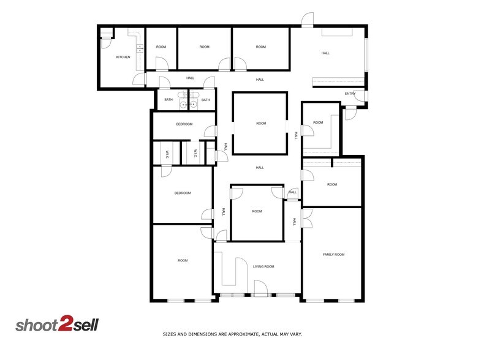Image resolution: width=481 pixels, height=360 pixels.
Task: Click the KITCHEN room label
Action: pyautogui.click(x=123, y=58)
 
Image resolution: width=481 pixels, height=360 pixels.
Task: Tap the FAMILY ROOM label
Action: pyautogui.click(x=334, y=254)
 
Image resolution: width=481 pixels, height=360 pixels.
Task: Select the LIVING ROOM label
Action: pyautogui.click(x=263, y=266)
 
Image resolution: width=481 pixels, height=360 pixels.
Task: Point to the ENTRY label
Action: pyautogui.click(x=350, y=94)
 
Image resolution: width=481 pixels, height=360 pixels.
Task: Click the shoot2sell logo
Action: pyautogui.click(x=57, y=325)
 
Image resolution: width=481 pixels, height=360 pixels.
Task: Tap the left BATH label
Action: pyautogui.click(x=168, y=100)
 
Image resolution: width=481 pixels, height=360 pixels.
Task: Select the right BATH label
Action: pyautogui.click(x=206, y=100)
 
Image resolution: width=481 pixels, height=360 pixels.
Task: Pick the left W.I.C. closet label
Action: pyautogui.click(x=167, y=156)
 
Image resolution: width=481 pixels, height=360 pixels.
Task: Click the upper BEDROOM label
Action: pyautogui.click(x=184, y=124)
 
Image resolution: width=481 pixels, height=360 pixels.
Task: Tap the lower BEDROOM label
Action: pyautogui.click(x=182, y=193)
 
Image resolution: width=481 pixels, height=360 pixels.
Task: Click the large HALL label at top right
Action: pyautogui.click(x=325, y=53)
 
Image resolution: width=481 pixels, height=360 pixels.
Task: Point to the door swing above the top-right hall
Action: pyautogui.click(x=309, y=20)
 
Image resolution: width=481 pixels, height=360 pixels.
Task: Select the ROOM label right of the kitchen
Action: pyautogui.click(x=161, y=47)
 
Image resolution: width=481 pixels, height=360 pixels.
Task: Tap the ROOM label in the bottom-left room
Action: pyautogui.click(x=183, y=261)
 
